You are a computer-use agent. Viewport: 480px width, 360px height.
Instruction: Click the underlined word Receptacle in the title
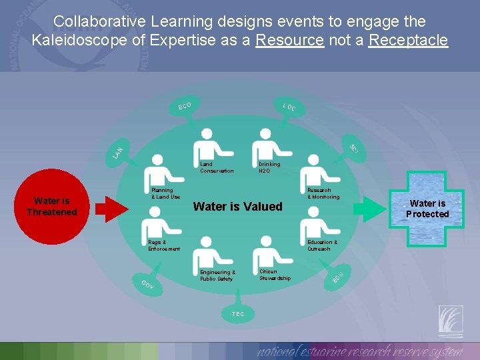pos(408,40)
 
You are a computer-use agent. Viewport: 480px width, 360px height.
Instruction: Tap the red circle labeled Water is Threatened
pos(51,207)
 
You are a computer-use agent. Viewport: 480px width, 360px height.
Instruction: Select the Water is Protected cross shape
pos(428,209)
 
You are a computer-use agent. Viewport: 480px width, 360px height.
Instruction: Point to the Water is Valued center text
pos(237,207)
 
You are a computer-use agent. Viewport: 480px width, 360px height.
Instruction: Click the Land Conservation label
pos(217,167)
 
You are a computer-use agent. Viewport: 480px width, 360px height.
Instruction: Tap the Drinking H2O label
pos(269,167)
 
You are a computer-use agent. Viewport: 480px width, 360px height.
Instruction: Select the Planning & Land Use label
pos(165,193)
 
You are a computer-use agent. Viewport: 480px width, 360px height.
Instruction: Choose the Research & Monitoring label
pos(323,193)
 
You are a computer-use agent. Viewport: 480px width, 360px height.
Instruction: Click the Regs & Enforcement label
pos(164,245)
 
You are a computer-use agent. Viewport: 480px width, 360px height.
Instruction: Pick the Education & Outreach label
pos(322,245)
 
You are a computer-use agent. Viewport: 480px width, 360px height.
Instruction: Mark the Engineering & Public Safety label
pos(217,275)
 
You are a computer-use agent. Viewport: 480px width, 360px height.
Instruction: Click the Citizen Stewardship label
pos(275,275)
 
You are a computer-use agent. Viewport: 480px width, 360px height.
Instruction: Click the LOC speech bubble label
pos(289,107)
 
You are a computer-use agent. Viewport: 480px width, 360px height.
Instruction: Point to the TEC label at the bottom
pos(238,313)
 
